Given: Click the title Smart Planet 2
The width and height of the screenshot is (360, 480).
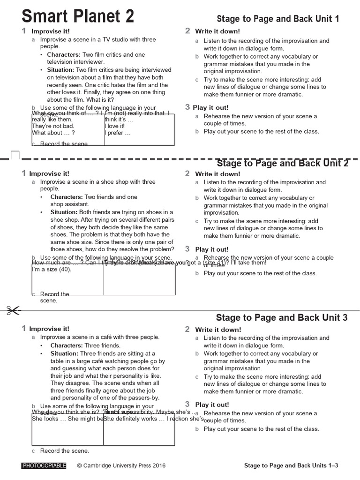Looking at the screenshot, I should pos(78,16).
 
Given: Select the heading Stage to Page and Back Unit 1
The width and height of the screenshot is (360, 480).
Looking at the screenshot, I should pos(277,19).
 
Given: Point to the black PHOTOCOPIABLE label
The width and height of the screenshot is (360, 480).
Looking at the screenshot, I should pos(44,465).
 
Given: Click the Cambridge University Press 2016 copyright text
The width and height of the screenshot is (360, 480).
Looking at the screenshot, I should pos(121,465).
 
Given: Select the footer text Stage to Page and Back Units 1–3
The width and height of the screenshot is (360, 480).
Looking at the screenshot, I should pos(291,465).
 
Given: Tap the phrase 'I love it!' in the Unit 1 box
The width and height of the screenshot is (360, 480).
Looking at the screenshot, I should pos(115,126).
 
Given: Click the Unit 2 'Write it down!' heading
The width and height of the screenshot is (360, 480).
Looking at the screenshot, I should pos(217,174).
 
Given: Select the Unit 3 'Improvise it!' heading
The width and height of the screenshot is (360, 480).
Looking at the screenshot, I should pos(49,329).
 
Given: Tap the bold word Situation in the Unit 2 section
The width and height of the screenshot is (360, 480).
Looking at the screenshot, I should pos(64,212).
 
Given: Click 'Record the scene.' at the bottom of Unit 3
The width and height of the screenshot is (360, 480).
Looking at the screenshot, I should pos(64,451).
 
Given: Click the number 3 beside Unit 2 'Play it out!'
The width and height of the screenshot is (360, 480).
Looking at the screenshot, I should pos(187,249).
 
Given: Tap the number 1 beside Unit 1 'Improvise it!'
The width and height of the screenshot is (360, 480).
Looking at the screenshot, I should pos(23,31).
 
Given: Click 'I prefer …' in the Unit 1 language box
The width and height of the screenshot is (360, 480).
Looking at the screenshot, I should pos(118,133).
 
